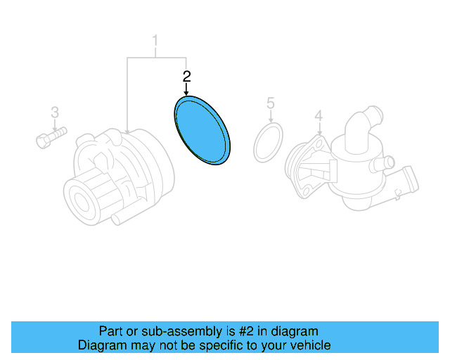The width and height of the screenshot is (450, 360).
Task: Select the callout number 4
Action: (318, 115)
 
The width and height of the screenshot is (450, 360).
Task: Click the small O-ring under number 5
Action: (267, 143)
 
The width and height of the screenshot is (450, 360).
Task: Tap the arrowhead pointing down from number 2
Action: (186, 94)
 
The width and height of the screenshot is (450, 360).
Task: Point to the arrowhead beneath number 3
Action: (54, 127)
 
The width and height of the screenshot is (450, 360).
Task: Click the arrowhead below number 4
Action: (318, 132)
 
